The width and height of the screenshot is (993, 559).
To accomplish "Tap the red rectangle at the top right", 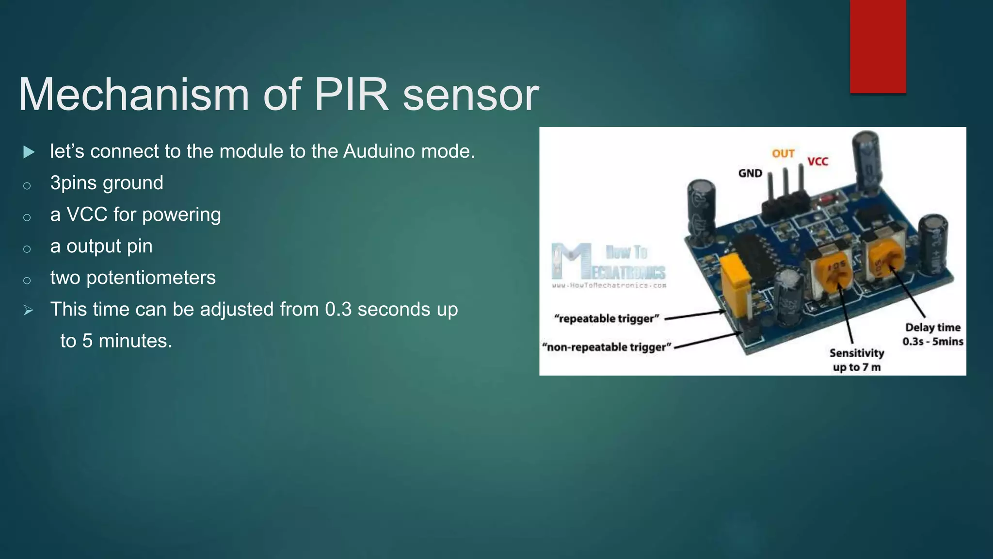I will pos(878,46).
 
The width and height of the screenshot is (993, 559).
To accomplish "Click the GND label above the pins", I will pos(750,173).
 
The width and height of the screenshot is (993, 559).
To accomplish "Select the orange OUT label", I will pos(783,154).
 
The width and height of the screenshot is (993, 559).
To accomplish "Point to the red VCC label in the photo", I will pos(817,162).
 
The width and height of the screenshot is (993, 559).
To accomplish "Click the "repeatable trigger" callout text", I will pos(607,318).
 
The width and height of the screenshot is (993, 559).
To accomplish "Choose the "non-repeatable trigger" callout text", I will pos(607,347).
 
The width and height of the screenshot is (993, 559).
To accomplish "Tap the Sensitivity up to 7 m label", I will pos(857,360).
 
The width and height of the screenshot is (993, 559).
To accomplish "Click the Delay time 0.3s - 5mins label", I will pos(932,334).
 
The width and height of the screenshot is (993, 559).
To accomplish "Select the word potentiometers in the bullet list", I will pos(151,278).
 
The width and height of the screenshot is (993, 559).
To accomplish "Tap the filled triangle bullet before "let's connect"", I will pos(29,152).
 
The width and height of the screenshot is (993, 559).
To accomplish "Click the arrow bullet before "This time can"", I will pos(28,310).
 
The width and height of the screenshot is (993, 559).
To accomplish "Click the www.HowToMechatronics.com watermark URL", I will pos(609,285).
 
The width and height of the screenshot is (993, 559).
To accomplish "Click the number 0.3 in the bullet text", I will pos(338,309).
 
